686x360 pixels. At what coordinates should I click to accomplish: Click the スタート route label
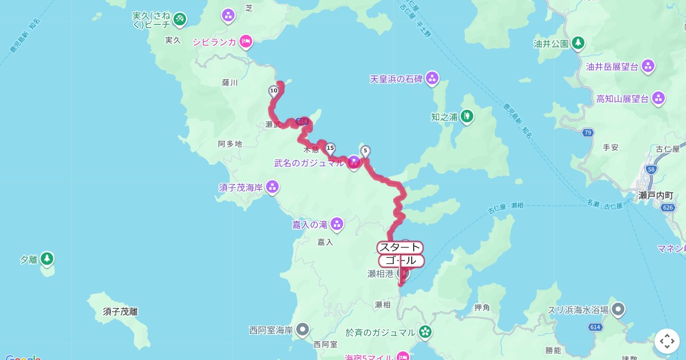tap(400, 247)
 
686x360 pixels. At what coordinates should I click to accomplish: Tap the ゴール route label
tap(401, 261)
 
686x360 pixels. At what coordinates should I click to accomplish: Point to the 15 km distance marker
tap(330, 149)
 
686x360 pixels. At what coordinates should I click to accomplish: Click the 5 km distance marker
tap(365, 151)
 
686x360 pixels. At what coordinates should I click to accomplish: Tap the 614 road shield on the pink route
tap(302, 121)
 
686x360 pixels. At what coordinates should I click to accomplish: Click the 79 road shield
tap(587, 133)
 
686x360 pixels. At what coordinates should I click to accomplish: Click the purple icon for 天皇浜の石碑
tap(433, 78)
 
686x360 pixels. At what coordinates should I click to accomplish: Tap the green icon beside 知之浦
tap(468, 116)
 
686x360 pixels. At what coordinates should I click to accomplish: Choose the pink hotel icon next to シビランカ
tap(246, 41)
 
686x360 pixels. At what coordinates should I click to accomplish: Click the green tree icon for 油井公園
tap(579, 43)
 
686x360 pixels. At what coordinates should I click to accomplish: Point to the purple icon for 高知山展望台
tap(659, 98)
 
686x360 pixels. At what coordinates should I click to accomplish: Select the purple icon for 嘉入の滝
tap(337, 223)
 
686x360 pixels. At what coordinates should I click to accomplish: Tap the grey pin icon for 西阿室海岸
tap(302, 329)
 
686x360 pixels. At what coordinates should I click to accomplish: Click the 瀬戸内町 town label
tap(656, 195)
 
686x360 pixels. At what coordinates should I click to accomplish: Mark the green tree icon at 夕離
tap(47, 259)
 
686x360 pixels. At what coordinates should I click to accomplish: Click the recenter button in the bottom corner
tap(667, 341)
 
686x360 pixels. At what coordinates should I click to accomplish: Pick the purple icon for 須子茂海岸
tap(272, 186)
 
